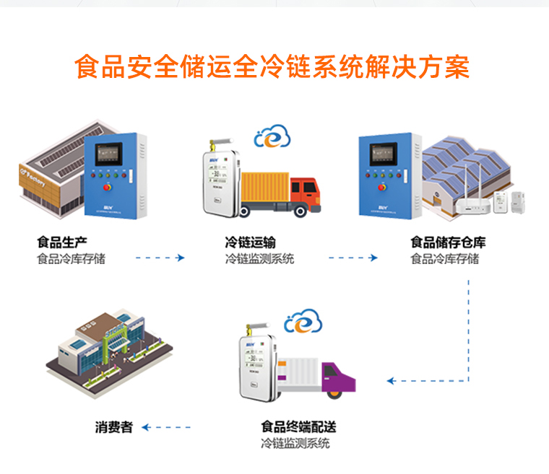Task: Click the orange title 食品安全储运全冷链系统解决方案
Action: click(x=273, y=67)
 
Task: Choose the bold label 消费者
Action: click(x=114, y=427)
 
